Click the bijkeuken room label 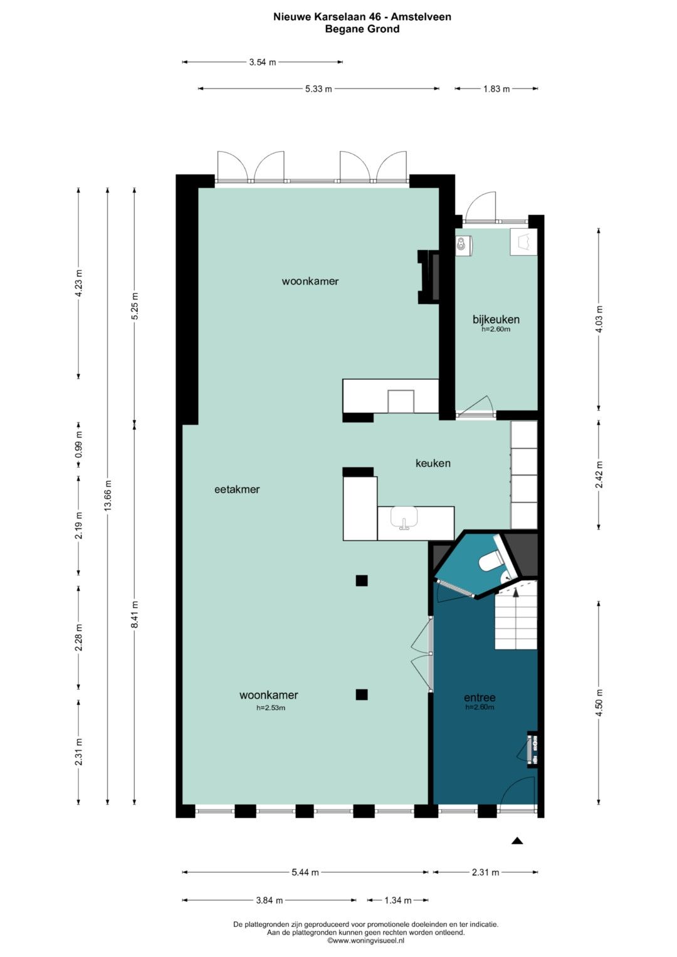[x=496, y=319]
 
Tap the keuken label [x=433, y=463]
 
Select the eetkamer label [x=237, y=489]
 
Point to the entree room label [x=480, y=698]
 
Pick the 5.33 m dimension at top [x=318, y=89]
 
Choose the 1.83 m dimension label [x=496, y=89]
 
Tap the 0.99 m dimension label [x=78, y=444]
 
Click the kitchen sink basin [x=404, y=518]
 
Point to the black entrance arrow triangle [x=517, y=841]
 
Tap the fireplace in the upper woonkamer [x=428, y=277]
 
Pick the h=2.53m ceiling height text [x=271, y=708]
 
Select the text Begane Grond [x=362, y=29]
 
